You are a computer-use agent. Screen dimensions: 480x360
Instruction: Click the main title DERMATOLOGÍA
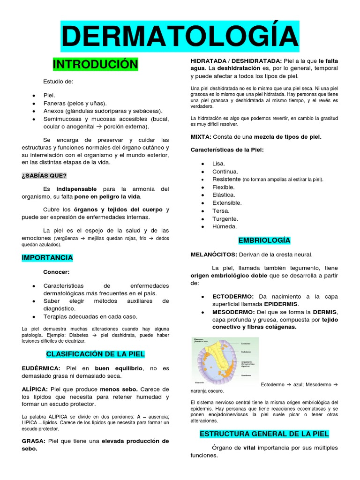(180, 36)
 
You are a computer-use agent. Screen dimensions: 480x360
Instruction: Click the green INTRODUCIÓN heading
(95, 64)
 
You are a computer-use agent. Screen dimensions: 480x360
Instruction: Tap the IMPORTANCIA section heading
(47, 258)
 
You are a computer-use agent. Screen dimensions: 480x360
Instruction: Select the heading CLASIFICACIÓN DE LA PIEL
(95, 353)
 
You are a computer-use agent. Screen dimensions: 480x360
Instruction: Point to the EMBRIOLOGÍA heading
(264, 240)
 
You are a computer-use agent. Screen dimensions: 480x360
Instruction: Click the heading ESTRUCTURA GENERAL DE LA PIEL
(264, 434)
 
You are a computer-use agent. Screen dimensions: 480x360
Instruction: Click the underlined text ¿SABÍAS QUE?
(44, 176)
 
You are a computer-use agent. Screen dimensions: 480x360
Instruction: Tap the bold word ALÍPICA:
(35, 390)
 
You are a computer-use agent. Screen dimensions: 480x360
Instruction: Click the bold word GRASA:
(33, 441)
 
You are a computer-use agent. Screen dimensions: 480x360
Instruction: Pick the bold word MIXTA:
(201, 137)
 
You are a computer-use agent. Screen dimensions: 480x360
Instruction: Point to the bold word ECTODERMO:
(233, 297)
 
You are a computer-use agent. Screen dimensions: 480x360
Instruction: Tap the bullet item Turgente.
(225, 219)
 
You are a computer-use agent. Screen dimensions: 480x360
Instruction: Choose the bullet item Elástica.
(224, 195)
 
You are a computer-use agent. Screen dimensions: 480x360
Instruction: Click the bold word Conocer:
(56, 272)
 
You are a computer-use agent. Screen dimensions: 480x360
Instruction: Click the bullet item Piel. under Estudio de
(49, 95)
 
